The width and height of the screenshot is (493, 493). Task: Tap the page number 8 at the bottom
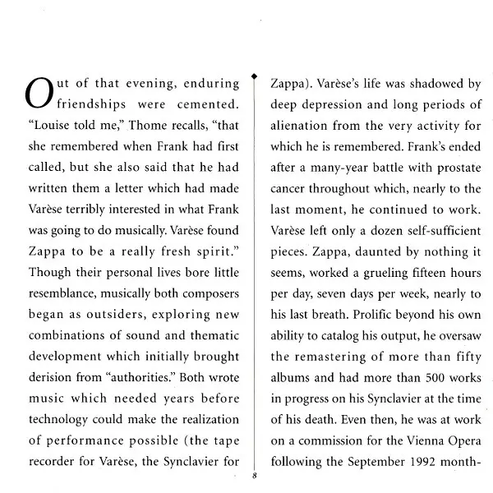tap(256, 475)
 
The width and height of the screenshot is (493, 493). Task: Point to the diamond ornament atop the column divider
tap(256, 71)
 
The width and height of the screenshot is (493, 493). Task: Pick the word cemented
tap(209, 104)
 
